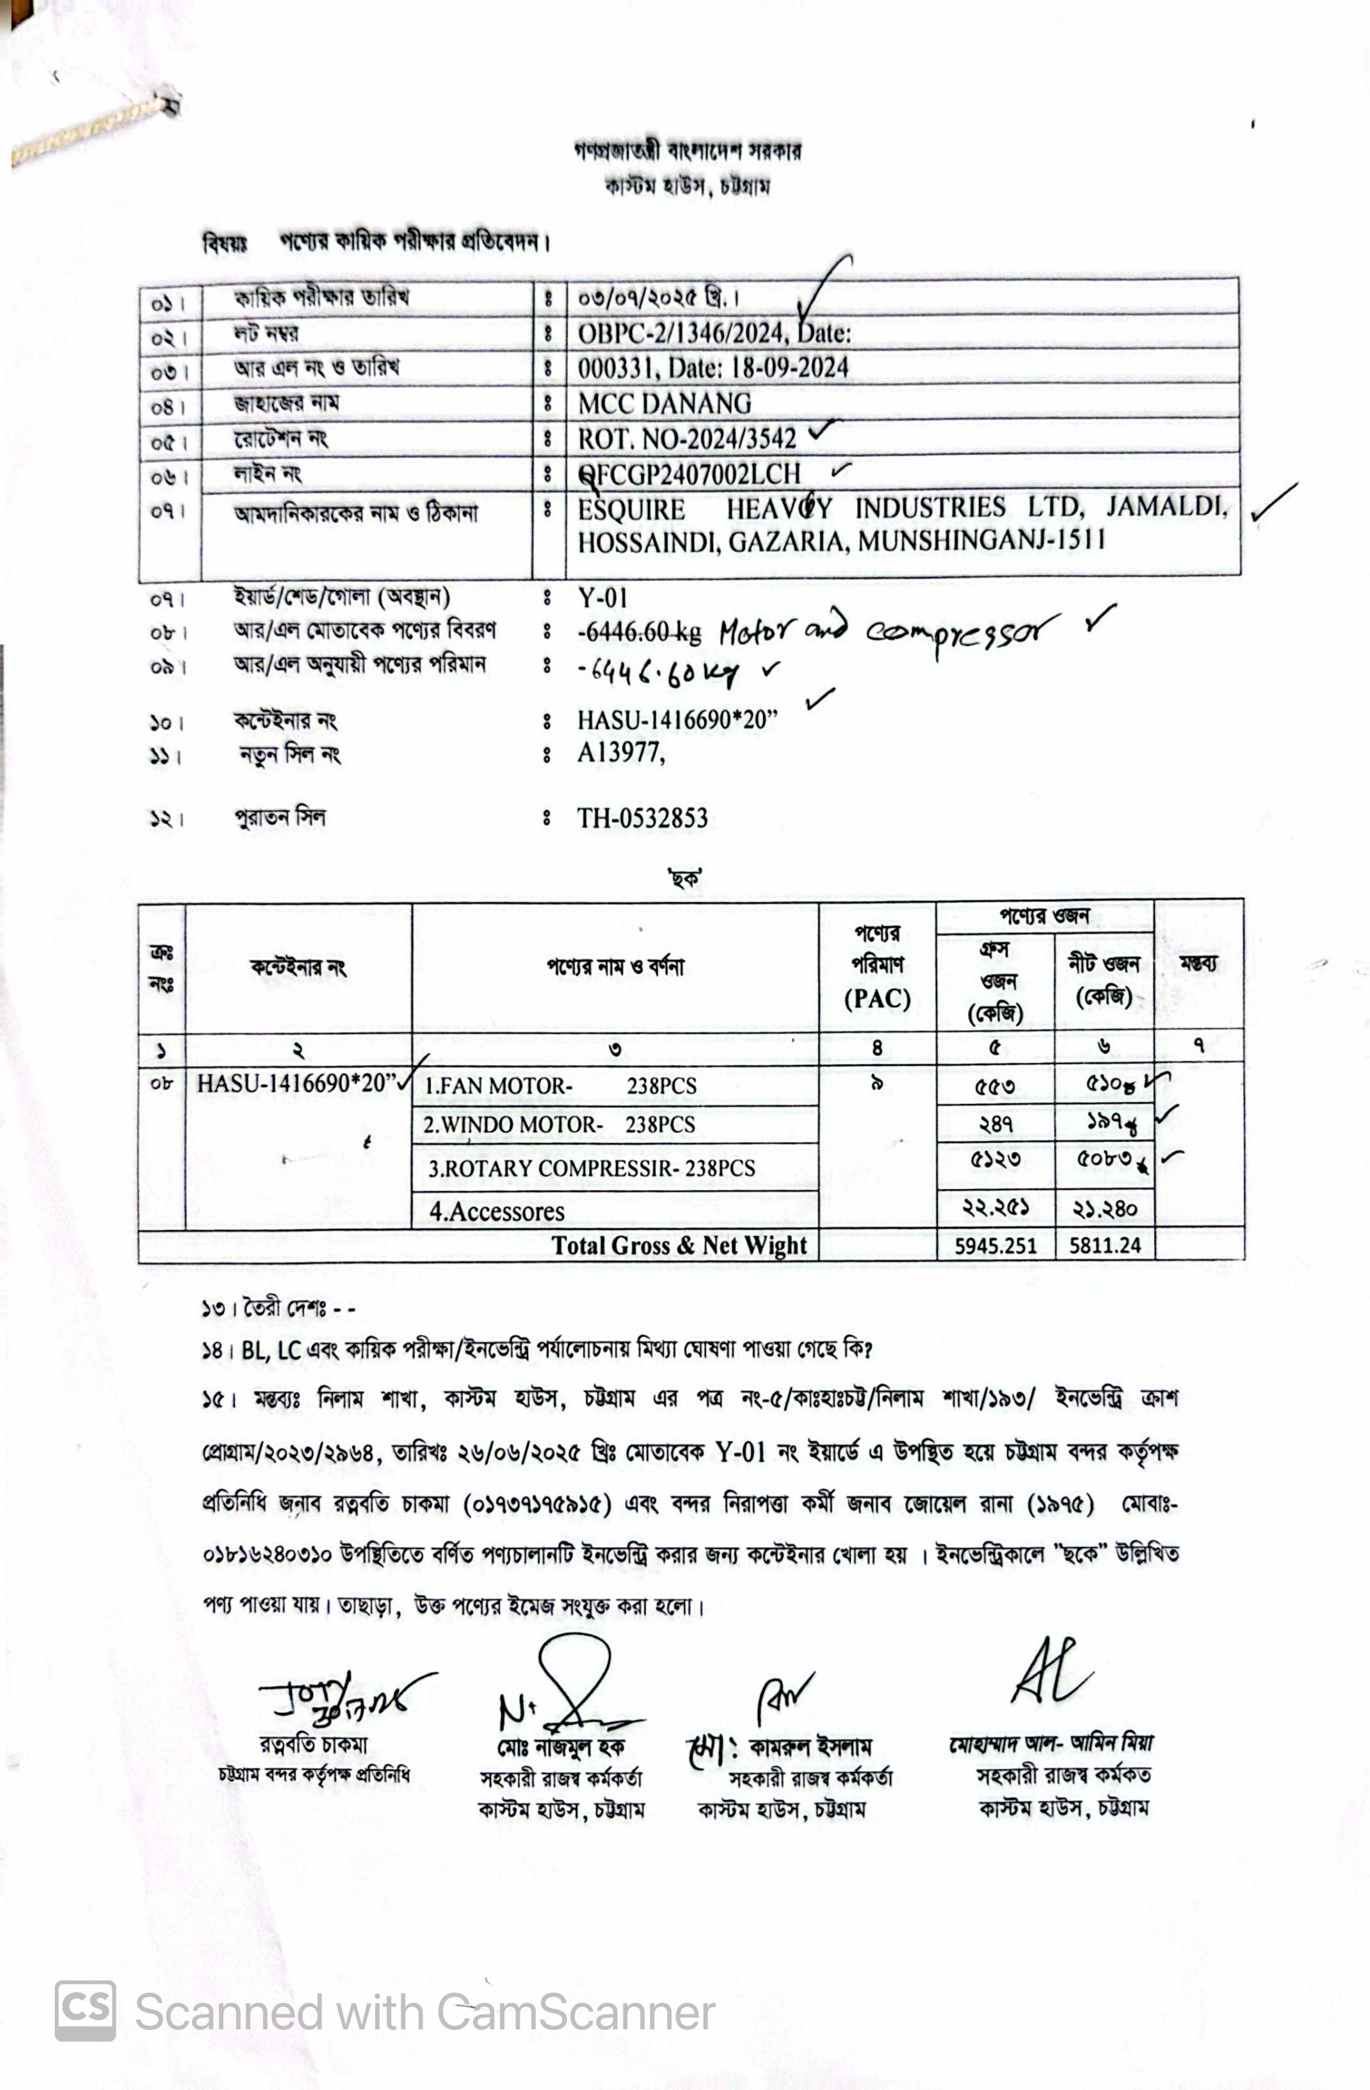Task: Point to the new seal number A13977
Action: coord(619,752)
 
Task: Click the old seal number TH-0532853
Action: coord(642,818)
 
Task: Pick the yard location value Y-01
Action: coord(602,598)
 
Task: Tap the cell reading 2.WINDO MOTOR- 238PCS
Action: coord(560,1125)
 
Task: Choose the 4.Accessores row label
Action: coord(496,1212)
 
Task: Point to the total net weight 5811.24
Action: coord(1105,1245)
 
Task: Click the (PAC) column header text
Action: coord(876,998)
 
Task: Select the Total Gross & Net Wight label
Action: coord(679,1245)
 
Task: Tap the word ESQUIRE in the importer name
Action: coord(631,509)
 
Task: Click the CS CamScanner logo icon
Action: coord(85,2011)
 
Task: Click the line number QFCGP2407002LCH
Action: coord(689,474)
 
